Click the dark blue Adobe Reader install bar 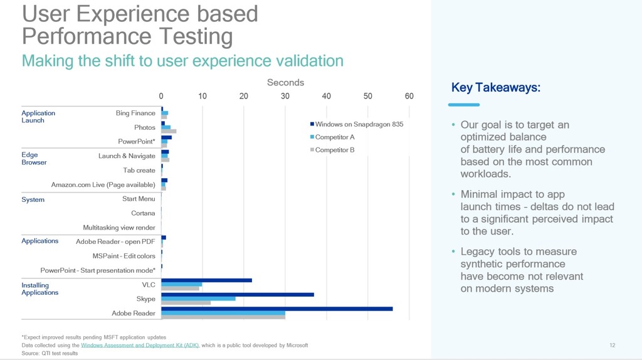tap(276, 309)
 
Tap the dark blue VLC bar tap(206, 280)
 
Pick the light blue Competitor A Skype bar tap(198, 299)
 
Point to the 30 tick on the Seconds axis tap(285, 96)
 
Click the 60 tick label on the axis tap(409, 96)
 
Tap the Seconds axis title tap(285, 83)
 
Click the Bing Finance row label tap(135, 114)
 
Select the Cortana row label tap(143, 213)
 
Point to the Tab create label tap(139, 171)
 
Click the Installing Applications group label tap(39, 289)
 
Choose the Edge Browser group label tap(34, 159)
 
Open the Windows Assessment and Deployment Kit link tap(140, 345)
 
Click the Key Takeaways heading tap(495, 88)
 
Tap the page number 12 tap(613, 345)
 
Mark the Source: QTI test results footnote tap(50, 353)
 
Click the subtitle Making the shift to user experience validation tap(182, 61)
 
